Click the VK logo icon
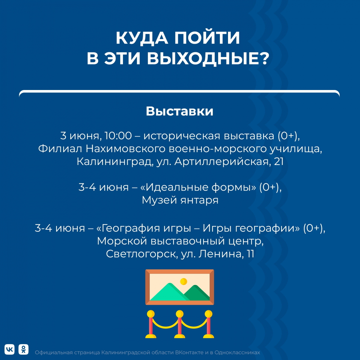point(10,349)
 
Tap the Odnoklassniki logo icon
point(23,349)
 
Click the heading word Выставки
point(179,111)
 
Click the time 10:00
point(118,136)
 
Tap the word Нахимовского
point(125,149)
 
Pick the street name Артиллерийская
point(221,162)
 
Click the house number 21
point(279,162)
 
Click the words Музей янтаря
point(180,200)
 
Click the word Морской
point(122,241)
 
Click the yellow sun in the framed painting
point(183,281)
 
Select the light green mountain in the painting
point(169,293)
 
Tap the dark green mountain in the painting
point(197,294)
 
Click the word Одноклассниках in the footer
point(237,352)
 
